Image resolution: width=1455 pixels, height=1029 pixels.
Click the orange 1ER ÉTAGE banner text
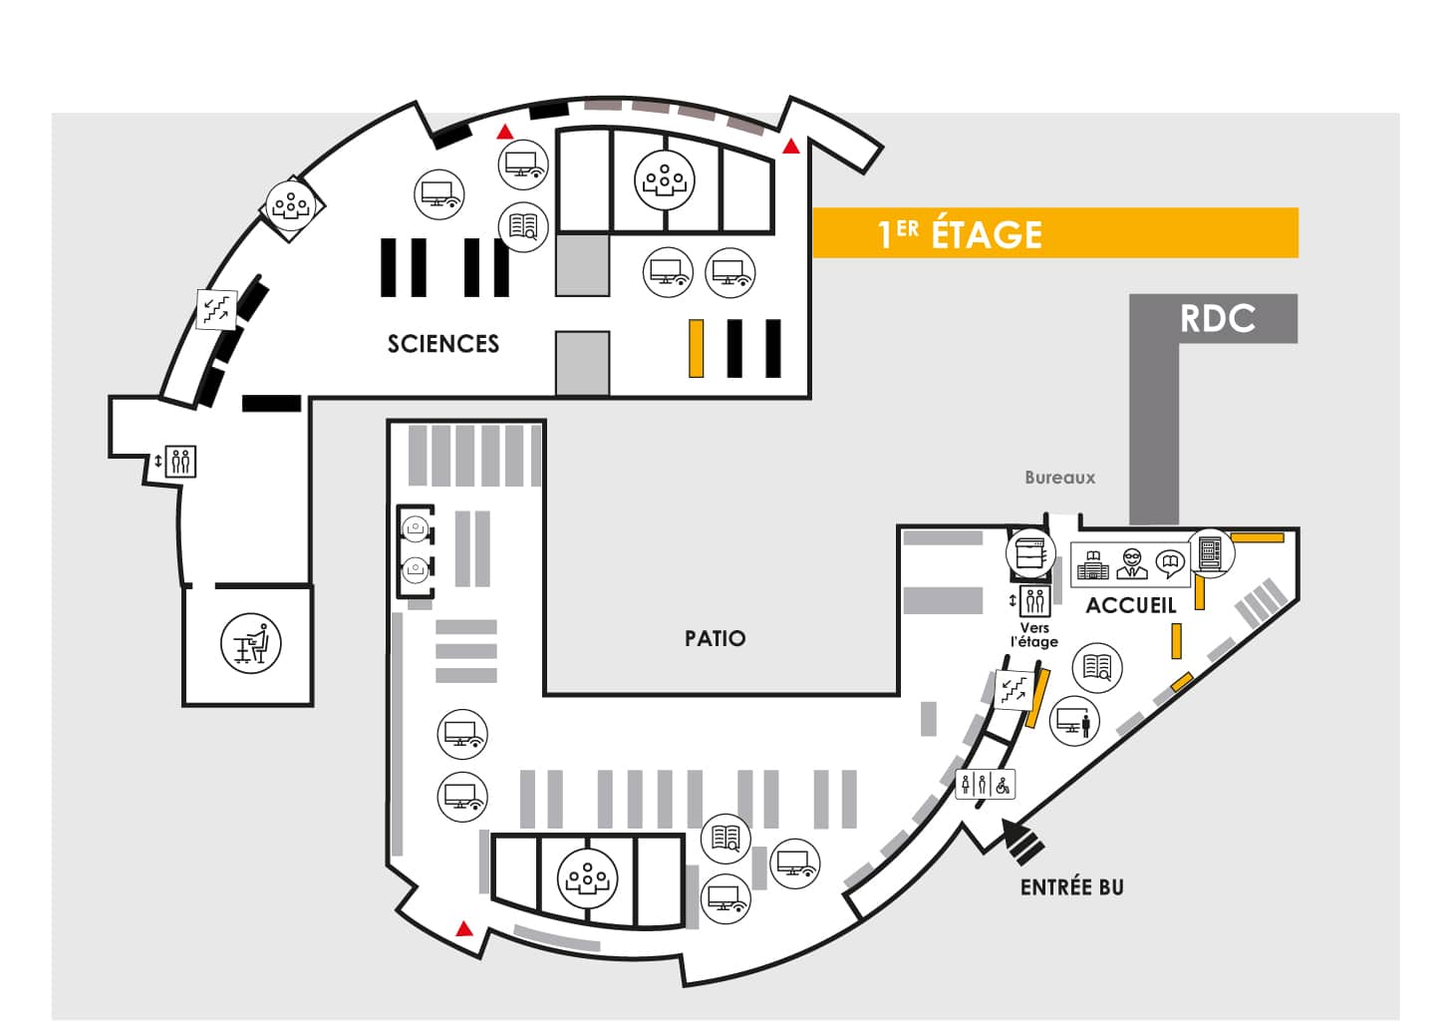pos(960,233)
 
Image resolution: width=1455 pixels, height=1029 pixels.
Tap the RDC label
pos(1217,318)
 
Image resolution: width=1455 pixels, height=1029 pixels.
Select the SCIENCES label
pos(443,344)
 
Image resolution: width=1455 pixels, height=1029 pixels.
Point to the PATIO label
pos(716,638)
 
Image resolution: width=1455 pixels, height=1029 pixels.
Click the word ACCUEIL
pos(1131,605)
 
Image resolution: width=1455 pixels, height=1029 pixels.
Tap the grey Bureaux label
pos(1060,478)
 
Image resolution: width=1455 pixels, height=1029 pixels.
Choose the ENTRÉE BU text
pos(1071,887)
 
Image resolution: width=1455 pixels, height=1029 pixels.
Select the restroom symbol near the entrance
pos(985,786)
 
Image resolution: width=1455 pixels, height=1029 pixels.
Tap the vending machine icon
pos(1210,553)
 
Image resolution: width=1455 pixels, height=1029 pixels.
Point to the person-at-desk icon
pos(251,643)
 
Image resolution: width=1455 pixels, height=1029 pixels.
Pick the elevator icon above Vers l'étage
pos(1034,600)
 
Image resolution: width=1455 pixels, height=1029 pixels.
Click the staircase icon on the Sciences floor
pos(216,309)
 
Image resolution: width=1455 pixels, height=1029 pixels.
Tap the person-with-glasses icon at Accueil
pos(1132,563)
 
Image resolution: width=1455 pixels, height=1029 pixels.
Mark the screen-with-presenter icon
pos(1074,721)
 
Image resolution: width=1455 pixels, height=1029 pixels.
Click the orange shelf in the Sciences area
pos(696,348)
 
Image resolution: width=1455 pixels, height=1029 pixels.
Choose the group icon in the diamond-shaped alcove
pos(291,206)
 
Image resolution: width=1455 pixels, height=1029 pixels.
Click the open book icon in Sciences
pos(523,227)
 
